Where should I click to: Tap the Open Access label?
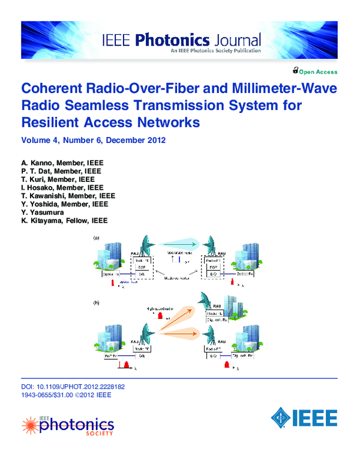click(319, 72)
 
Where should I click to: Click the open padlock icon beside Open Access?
click(296, 71)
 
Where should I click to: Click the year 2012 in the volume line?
click(152, 141)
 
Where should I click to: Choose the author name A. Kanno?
click(35, 163)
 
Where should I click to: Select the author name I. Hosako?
click(38, 188)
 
